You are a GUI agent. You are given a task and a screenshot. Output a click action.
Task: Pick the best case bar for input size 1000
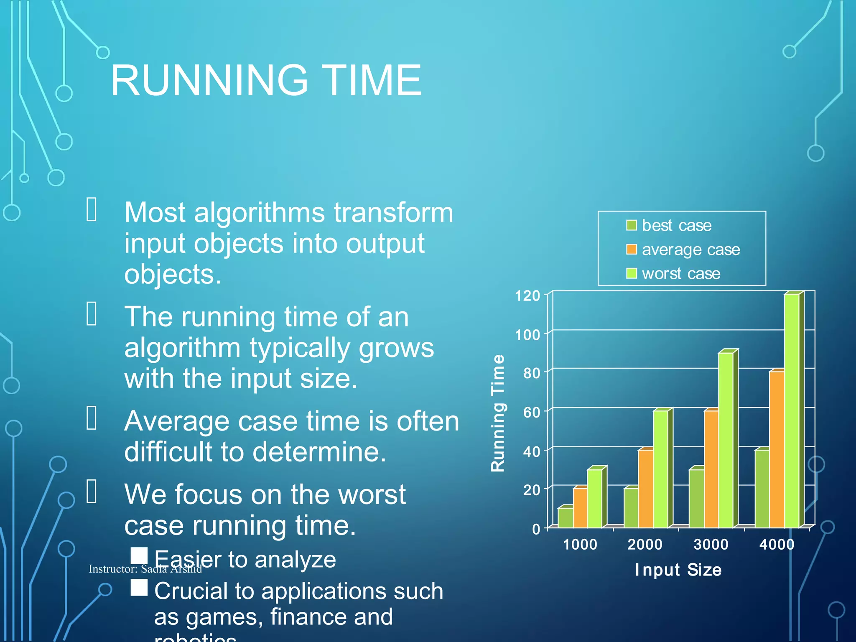coord(565,517)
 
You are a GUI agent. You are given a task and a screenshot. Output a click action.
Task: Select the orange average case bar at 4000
coord(777,449)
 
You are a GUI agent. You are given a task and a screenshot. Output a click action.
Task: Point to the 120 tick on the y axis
coord(527,296)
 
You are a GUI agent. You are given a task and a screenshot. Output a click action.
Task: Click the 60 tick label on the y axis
coord(532,413)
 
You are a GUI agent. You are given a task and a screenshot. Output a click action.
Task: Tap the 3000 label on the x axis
coord(711,545)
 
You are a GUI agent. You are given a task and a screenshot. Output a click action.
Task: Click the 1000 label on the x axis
coord(580,545)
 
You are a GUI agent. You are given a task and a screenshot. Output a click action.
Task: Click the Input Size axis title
coord(678,570)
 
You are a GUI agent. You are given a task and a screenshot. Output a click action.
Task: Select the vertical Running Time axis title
coord(498,413)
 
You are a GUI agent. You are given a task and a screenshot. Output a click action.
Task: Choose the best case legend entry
coord(676,226)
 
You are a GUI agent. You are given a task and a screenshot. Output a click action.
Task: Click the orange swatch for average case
coord(631,250)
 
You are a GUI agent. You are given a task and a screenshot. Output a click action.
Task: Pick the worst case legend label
coord(681,274)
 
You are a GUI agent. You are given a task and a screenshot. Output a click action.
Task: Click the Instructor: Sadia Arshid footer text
coord(145,569)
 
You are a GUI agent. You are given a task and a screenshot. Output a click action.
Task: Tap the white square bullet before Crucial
coord(139,587)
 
